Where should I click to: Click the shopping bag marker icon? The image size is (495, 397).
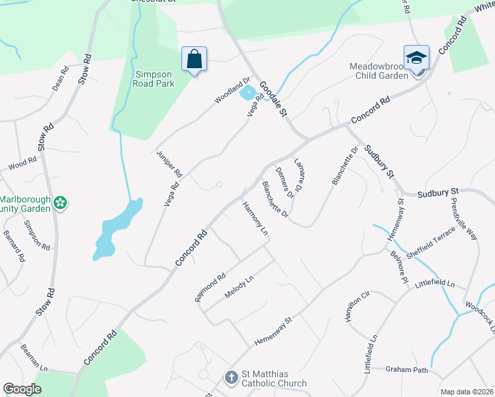[x=195, y=59]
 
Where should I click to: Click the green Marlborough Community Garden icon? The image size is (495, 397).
[x=60, y=203]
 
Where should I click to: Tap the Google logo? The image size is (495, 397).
[x=22, y=389]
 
